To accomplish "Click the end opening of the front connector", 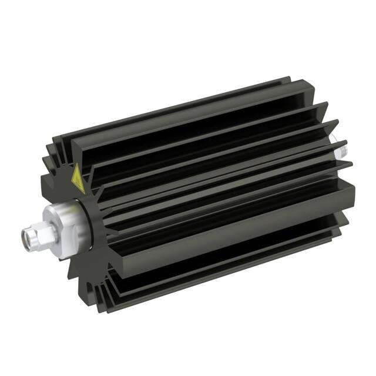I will [x=26, y=237].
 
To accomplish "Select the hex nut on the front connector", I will [x=41, y=233].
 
